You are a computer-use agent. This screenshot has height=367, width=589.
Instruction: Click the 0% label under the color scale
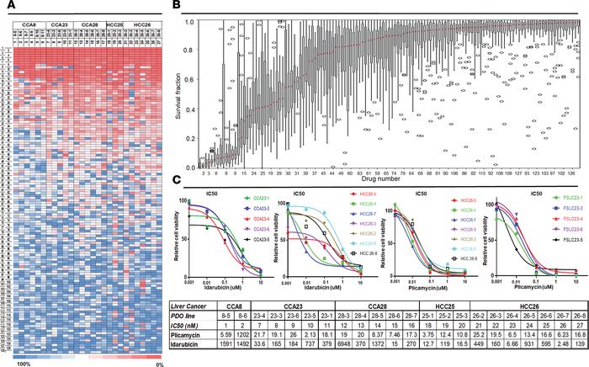pos(156,363)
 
